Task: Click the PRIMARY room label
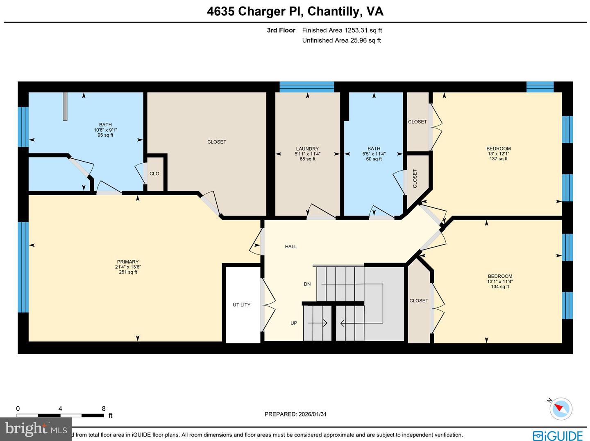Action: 128,262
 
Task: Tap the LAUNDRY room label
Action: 307,149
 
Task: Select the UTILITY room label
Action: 242,305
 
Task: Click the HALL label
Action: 291,247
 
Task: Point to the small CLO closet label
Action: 154,173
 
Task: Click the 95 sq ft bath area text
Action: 105,135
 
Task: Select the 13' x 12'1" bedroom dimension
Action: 499,154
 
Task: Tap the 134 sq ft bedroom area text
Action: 500,286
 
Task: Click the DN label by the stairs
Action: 307,284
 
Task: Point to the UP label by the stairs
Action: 294,323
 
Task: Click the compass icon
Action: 560,408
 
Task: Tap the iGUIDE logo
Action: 558,435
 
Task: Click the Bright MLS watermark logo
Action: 36,429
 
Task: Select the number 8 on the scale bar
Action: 104,408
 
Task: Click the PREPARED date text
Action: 295,414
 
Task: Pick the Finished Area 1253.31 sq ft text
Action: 342,30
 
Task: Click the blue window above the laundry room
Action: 307,87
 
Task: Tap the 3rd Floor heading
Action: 281,30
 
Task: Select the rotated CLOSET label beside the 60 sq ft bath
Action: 415,179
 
